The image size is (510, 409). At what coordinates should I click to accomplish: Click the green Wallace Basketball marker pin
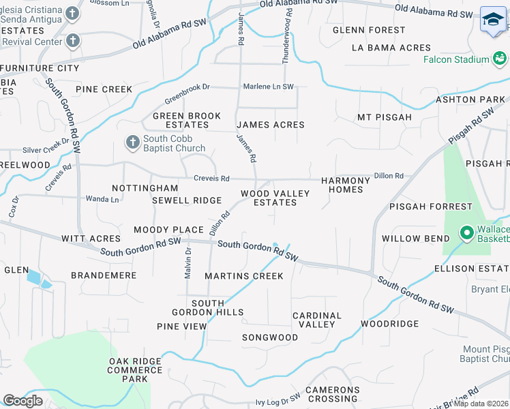tap(467, 233)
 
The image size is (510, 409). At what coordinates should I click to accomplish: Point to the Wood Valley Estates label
tap(275, 198)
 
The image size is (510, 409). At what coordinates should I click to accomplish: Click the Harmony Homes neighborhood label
tap(346, 185)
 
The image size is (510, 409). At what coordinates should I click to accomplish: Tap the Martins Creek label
tap(244, 276)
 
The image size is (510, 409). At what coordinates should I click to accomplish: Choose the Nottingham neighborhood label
tap(145, 187)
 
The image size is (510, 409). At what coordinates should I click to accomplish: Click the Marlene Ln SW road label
tap(269, 87)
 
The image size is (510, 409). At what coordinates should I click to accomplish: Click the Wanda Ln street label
tap(102, 199)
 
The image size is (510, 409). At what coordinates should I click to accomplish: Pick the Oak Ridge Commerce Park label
tap(135, 369)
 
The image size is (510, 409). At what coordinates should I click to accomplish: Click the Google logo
tap(23, 401)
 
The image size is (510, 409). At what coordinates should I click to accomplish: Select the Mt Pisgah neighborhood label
tap(385, 117)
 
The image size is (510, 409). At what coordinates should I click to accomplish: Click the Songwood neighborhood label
tap(270, 337)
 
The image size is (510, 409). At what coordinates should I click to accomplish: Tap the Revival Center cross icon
tap(73, 41)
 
